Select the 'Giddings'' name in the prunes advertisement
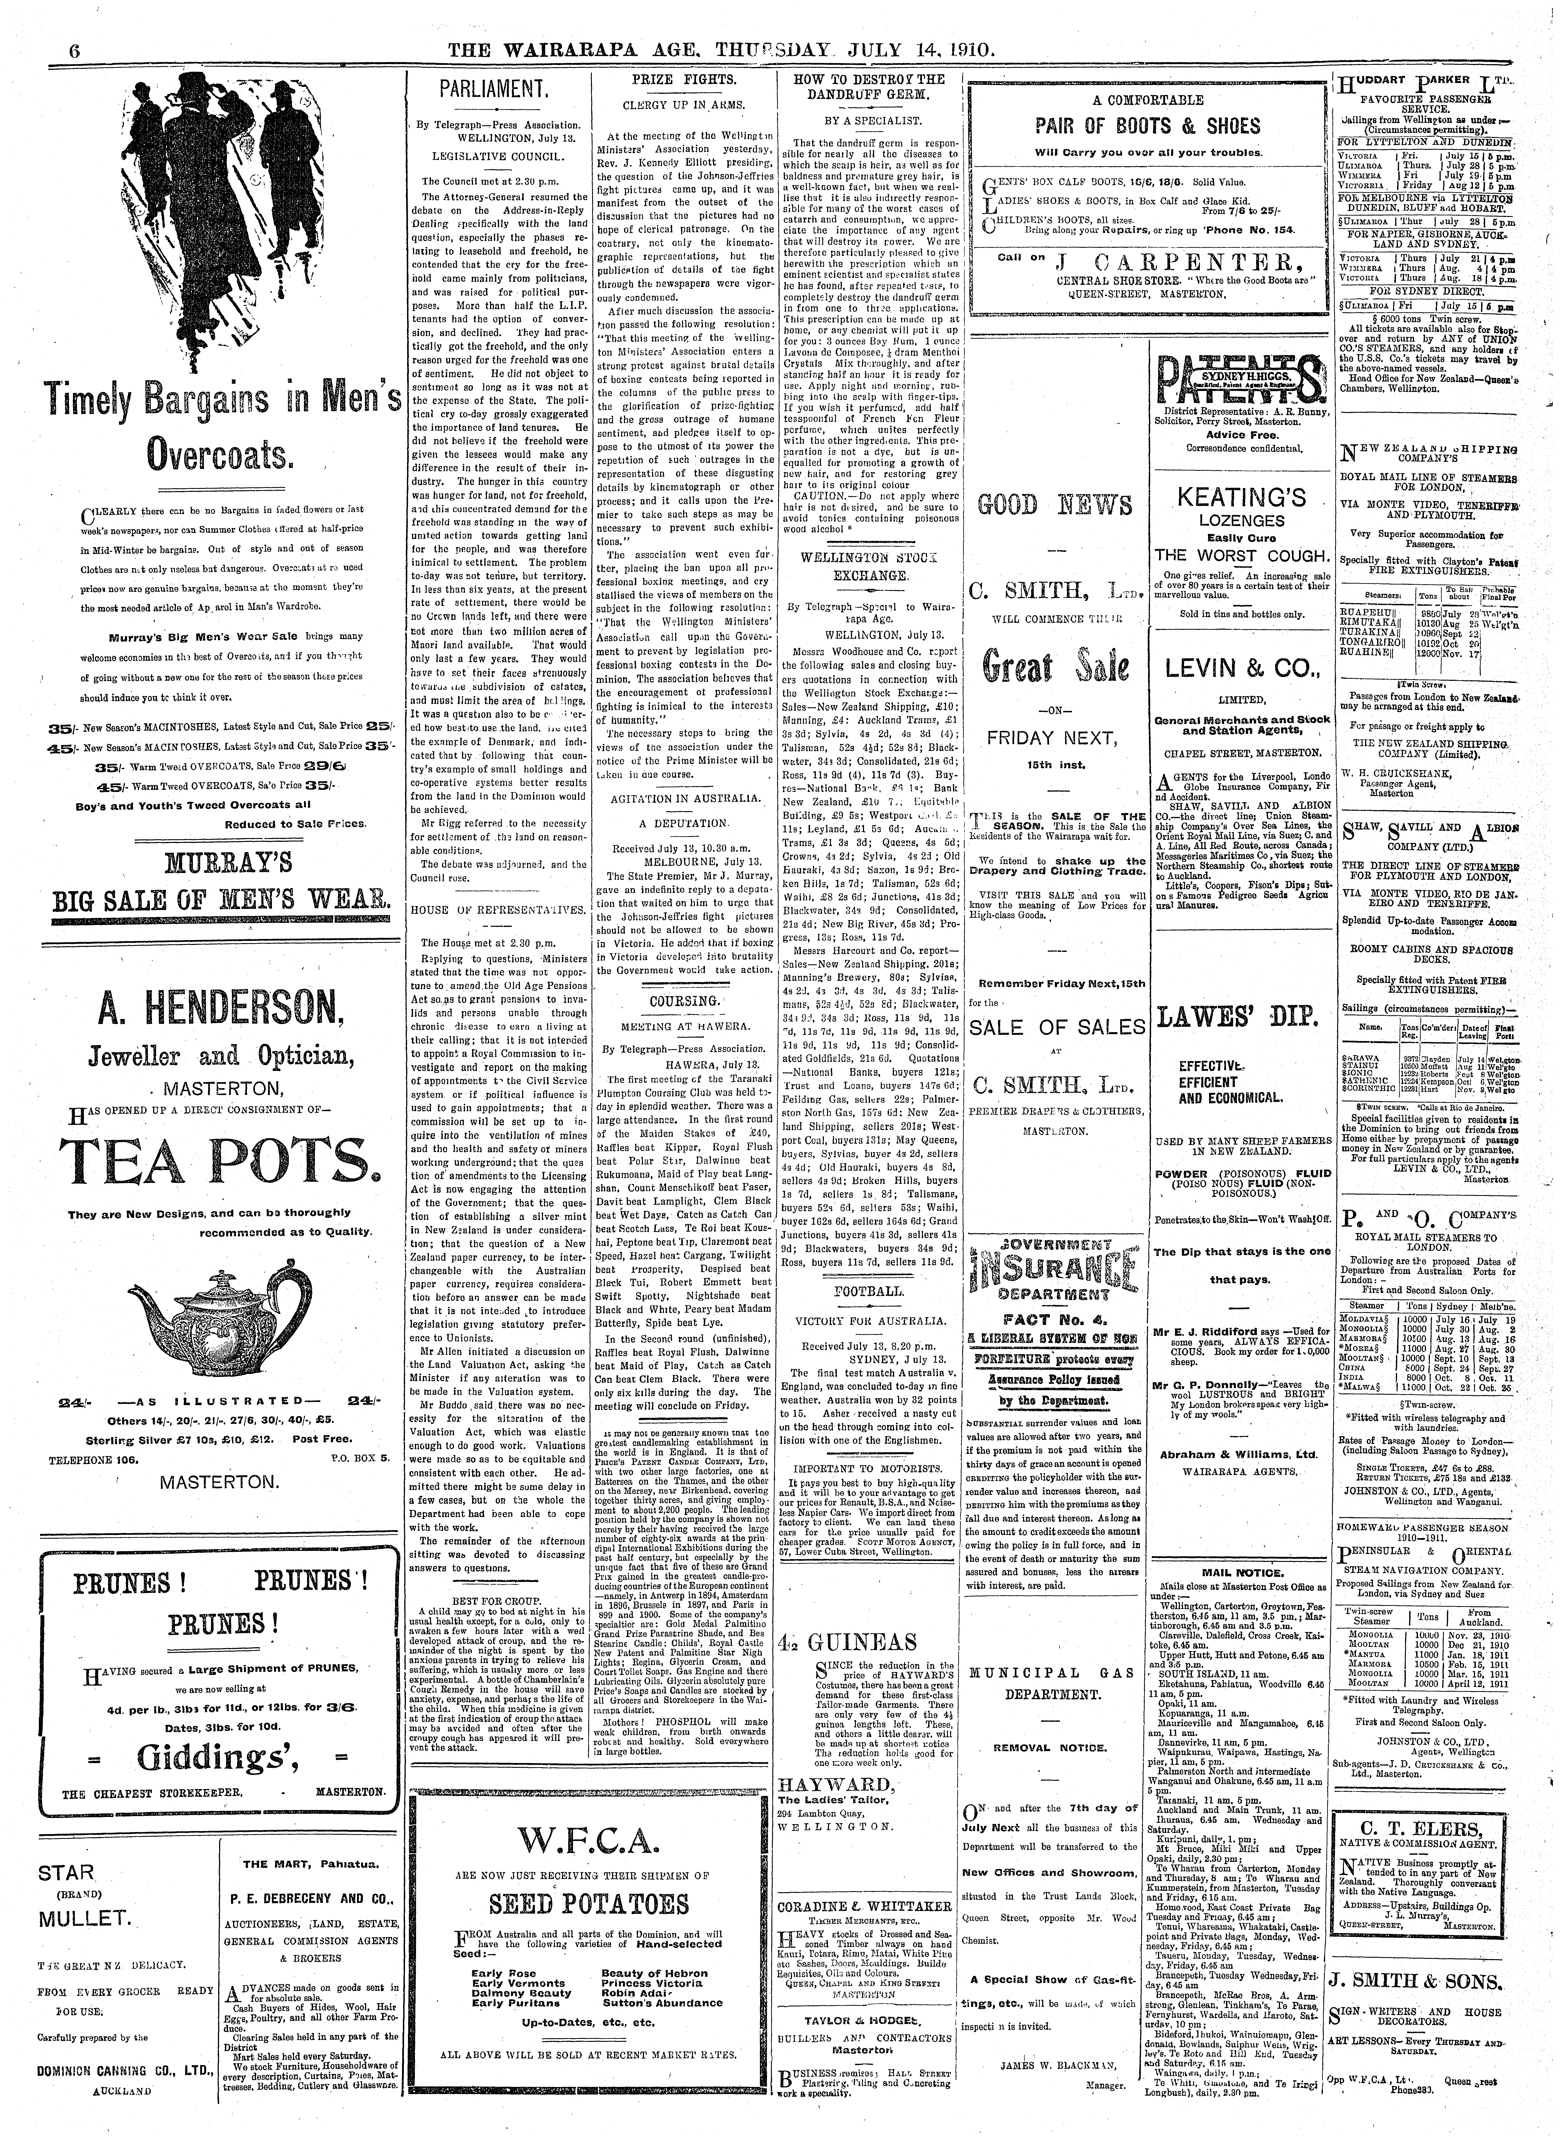coord(215,1757)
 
